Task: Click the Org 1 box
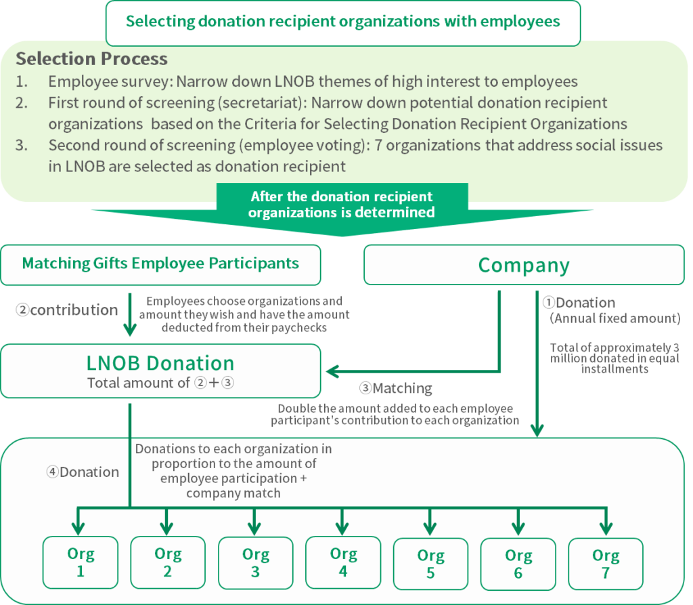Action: [x=81, y=562]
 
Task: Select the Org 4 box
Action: [x=343, y=562]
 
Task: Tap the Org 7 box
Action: [x=606, y=564]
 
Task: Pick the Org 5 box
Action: [x=430, y=564]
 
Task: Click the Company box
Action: [x=524, y=265]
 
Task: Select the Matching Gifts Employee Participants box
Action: [x=160, y=265]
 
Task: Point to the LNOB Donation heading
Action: [x=160, y=363]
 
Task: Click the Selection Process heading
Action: [x=91, y=59]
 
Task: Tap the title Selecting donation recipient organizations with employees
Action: [x=343, y=21]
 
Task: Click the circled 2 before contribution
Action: [x=22, y=310]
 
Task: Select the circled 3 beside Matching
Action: [x=365, y=388]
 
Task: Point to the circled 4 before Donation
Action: [x=52, y=472]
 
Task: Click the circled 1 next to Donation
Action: [x=548, y=302]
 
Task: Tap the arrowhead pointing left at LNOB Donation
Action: [x=332, y=371]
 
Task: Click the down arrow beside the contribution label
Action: [x=130, y=314]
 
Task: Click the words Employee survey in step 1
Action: [x=110, y=81]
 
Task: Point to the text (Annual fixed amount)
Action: [x=614, y=318]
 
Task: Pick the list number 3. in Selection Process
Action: [x=22, y=145]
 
